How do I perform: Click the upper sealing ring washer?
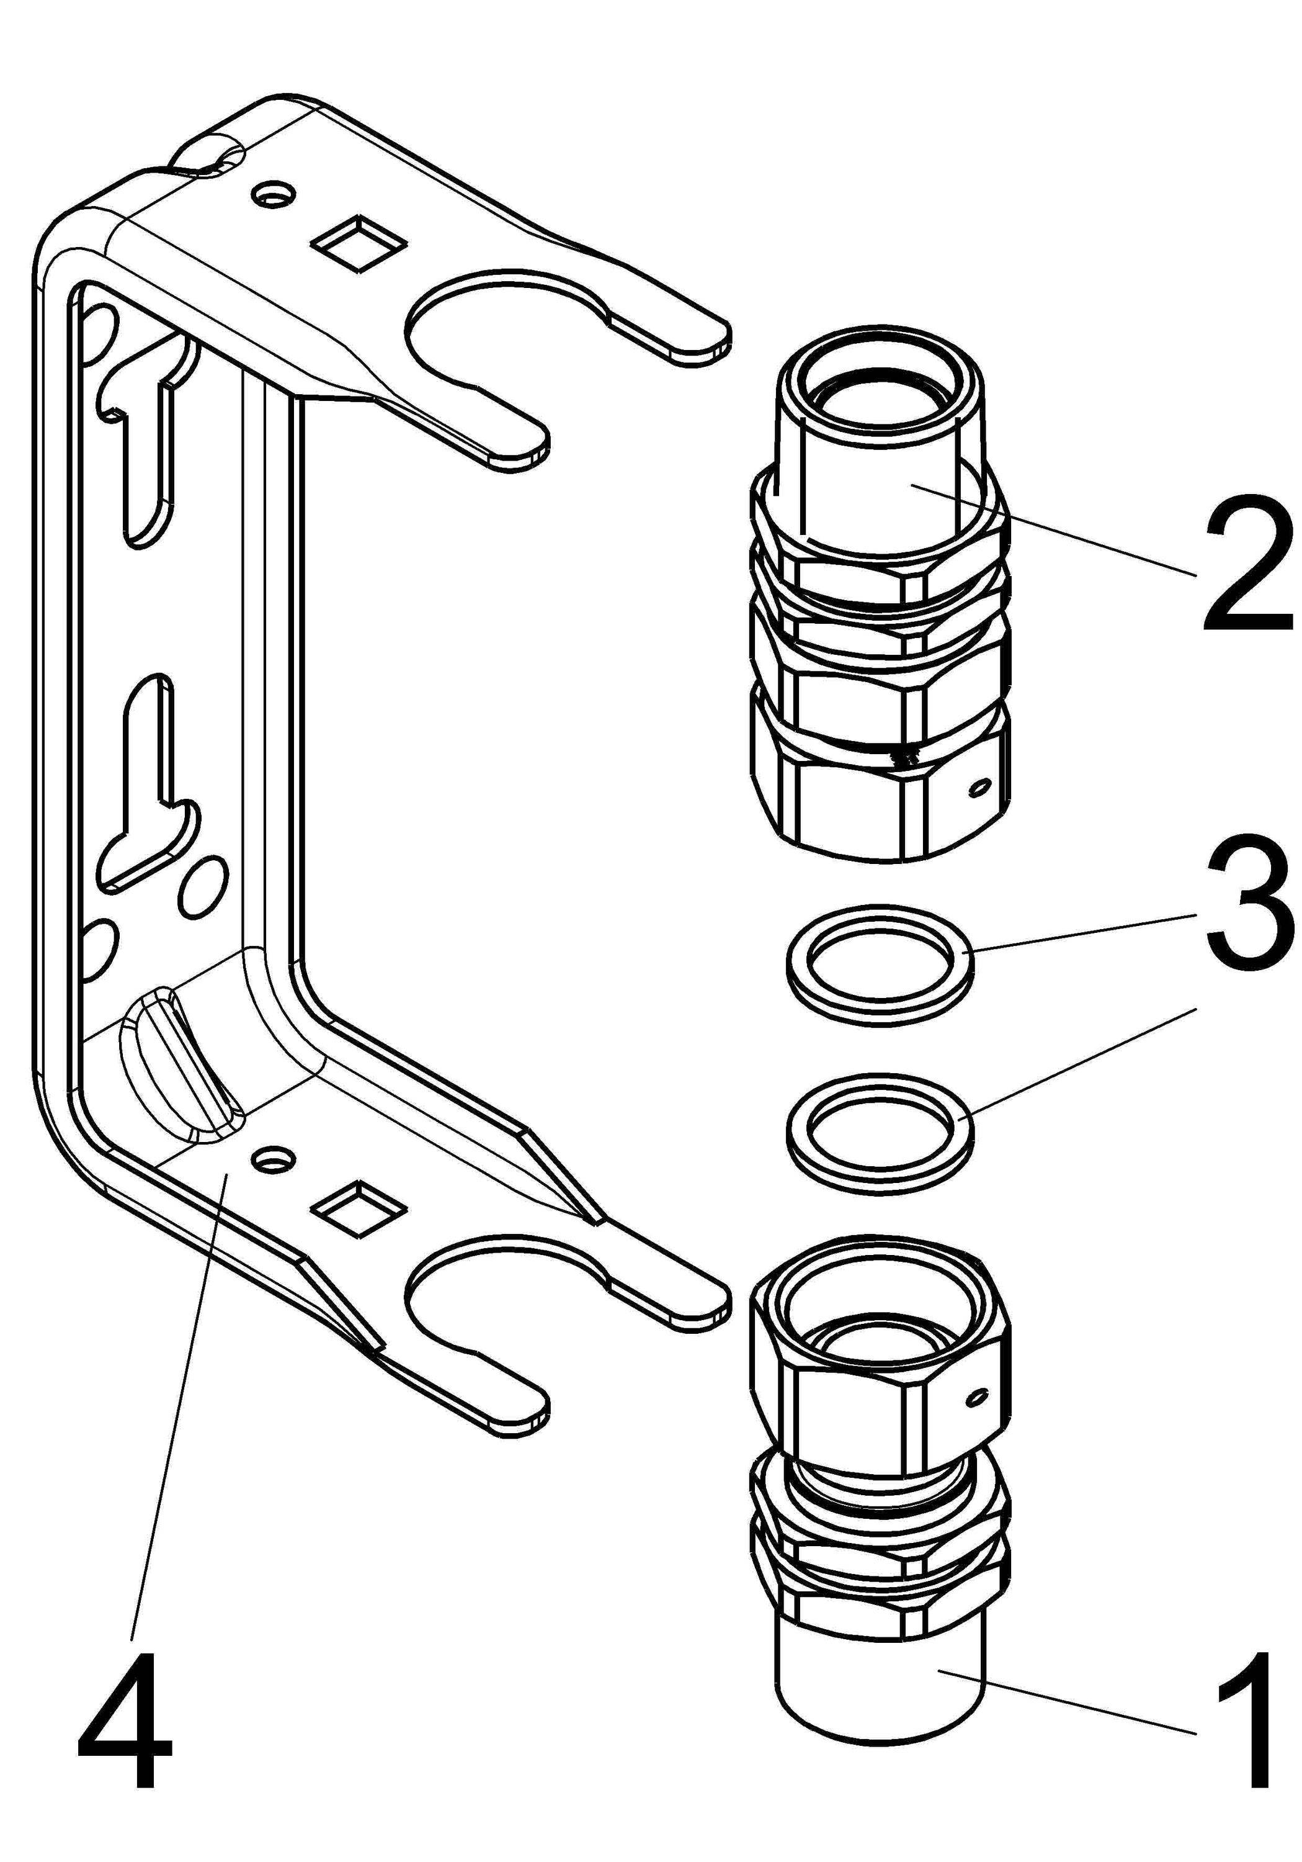pyautogui.click(x=880, y=958)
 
